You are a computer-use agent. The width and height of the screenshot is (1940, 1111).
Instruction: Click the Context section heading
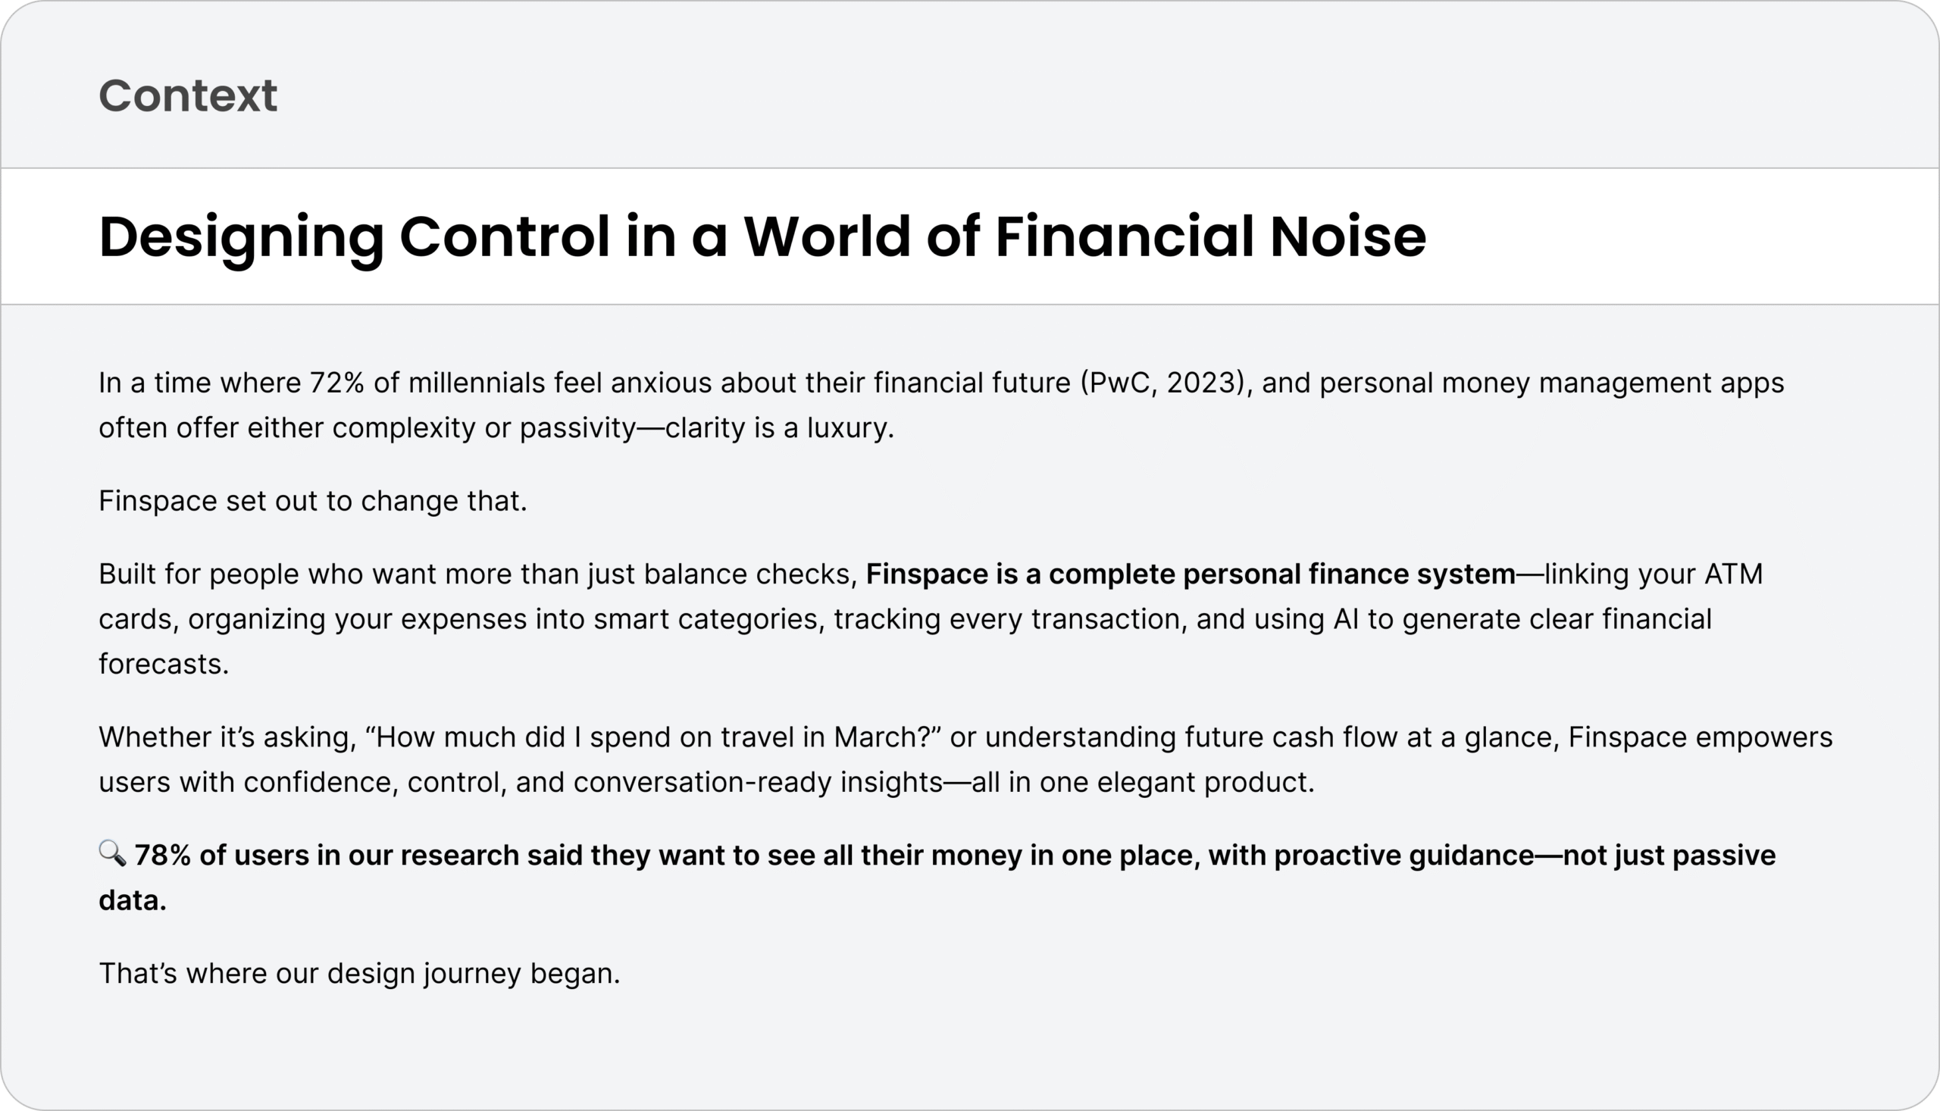(x=188, y=95)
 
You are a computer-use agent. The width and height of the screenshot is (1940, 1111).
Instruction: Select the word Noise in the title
(x=1348, y=236)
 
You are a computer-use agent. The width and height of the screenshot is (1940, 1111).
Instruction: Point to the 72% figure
(x=336, y=382)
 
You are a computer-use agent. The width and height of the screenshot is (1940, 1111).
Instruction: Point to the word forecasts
(x=163, y=664)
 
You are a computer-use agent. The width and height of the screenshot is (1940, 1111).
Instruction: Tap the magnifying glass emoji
(x=112, y=853)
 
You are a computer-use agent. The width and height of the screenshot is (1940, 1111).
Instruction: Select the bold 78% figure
(x=162, y=856)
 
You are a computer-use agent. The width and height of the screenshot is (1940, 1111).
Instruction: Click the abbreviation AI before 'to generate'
(x=1346, y=619)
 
